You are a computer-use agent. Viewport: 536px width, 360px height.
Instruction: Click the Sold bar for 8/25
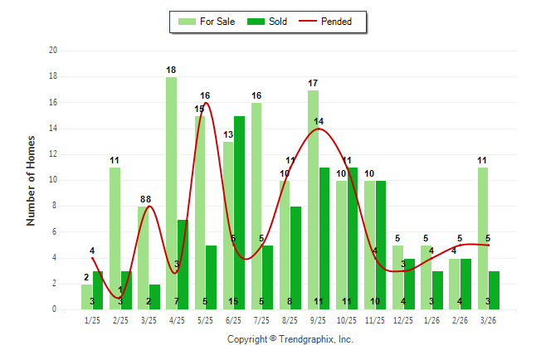click(x=295, y=258)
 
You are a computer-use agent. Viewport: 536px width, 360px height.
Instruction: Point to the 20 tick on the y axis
click(x=53, y=51)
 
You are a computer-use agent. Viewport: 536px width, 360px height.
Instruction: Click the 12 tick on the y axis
click(x=53, y=154)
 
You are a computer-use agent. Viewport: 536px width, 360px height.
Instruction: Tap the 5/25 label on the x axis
click(x=205, y=319)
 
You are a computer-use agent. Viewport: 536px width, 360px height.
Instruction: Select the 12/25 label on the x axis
click(x=403, y=319)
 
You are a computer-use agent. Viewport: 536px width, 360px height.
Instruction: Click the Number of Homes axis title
click(x=32, y=180)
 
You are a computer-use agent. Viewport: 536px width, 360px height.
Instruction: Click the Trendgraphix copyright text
click(x=290, y=339)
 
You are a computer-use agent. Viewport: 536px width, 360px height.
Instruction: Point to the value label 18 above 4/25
click(x=171, y=70)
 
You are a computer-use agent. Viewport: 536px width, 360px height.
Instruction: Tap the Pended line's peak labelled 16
click(x=205, y=96)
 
